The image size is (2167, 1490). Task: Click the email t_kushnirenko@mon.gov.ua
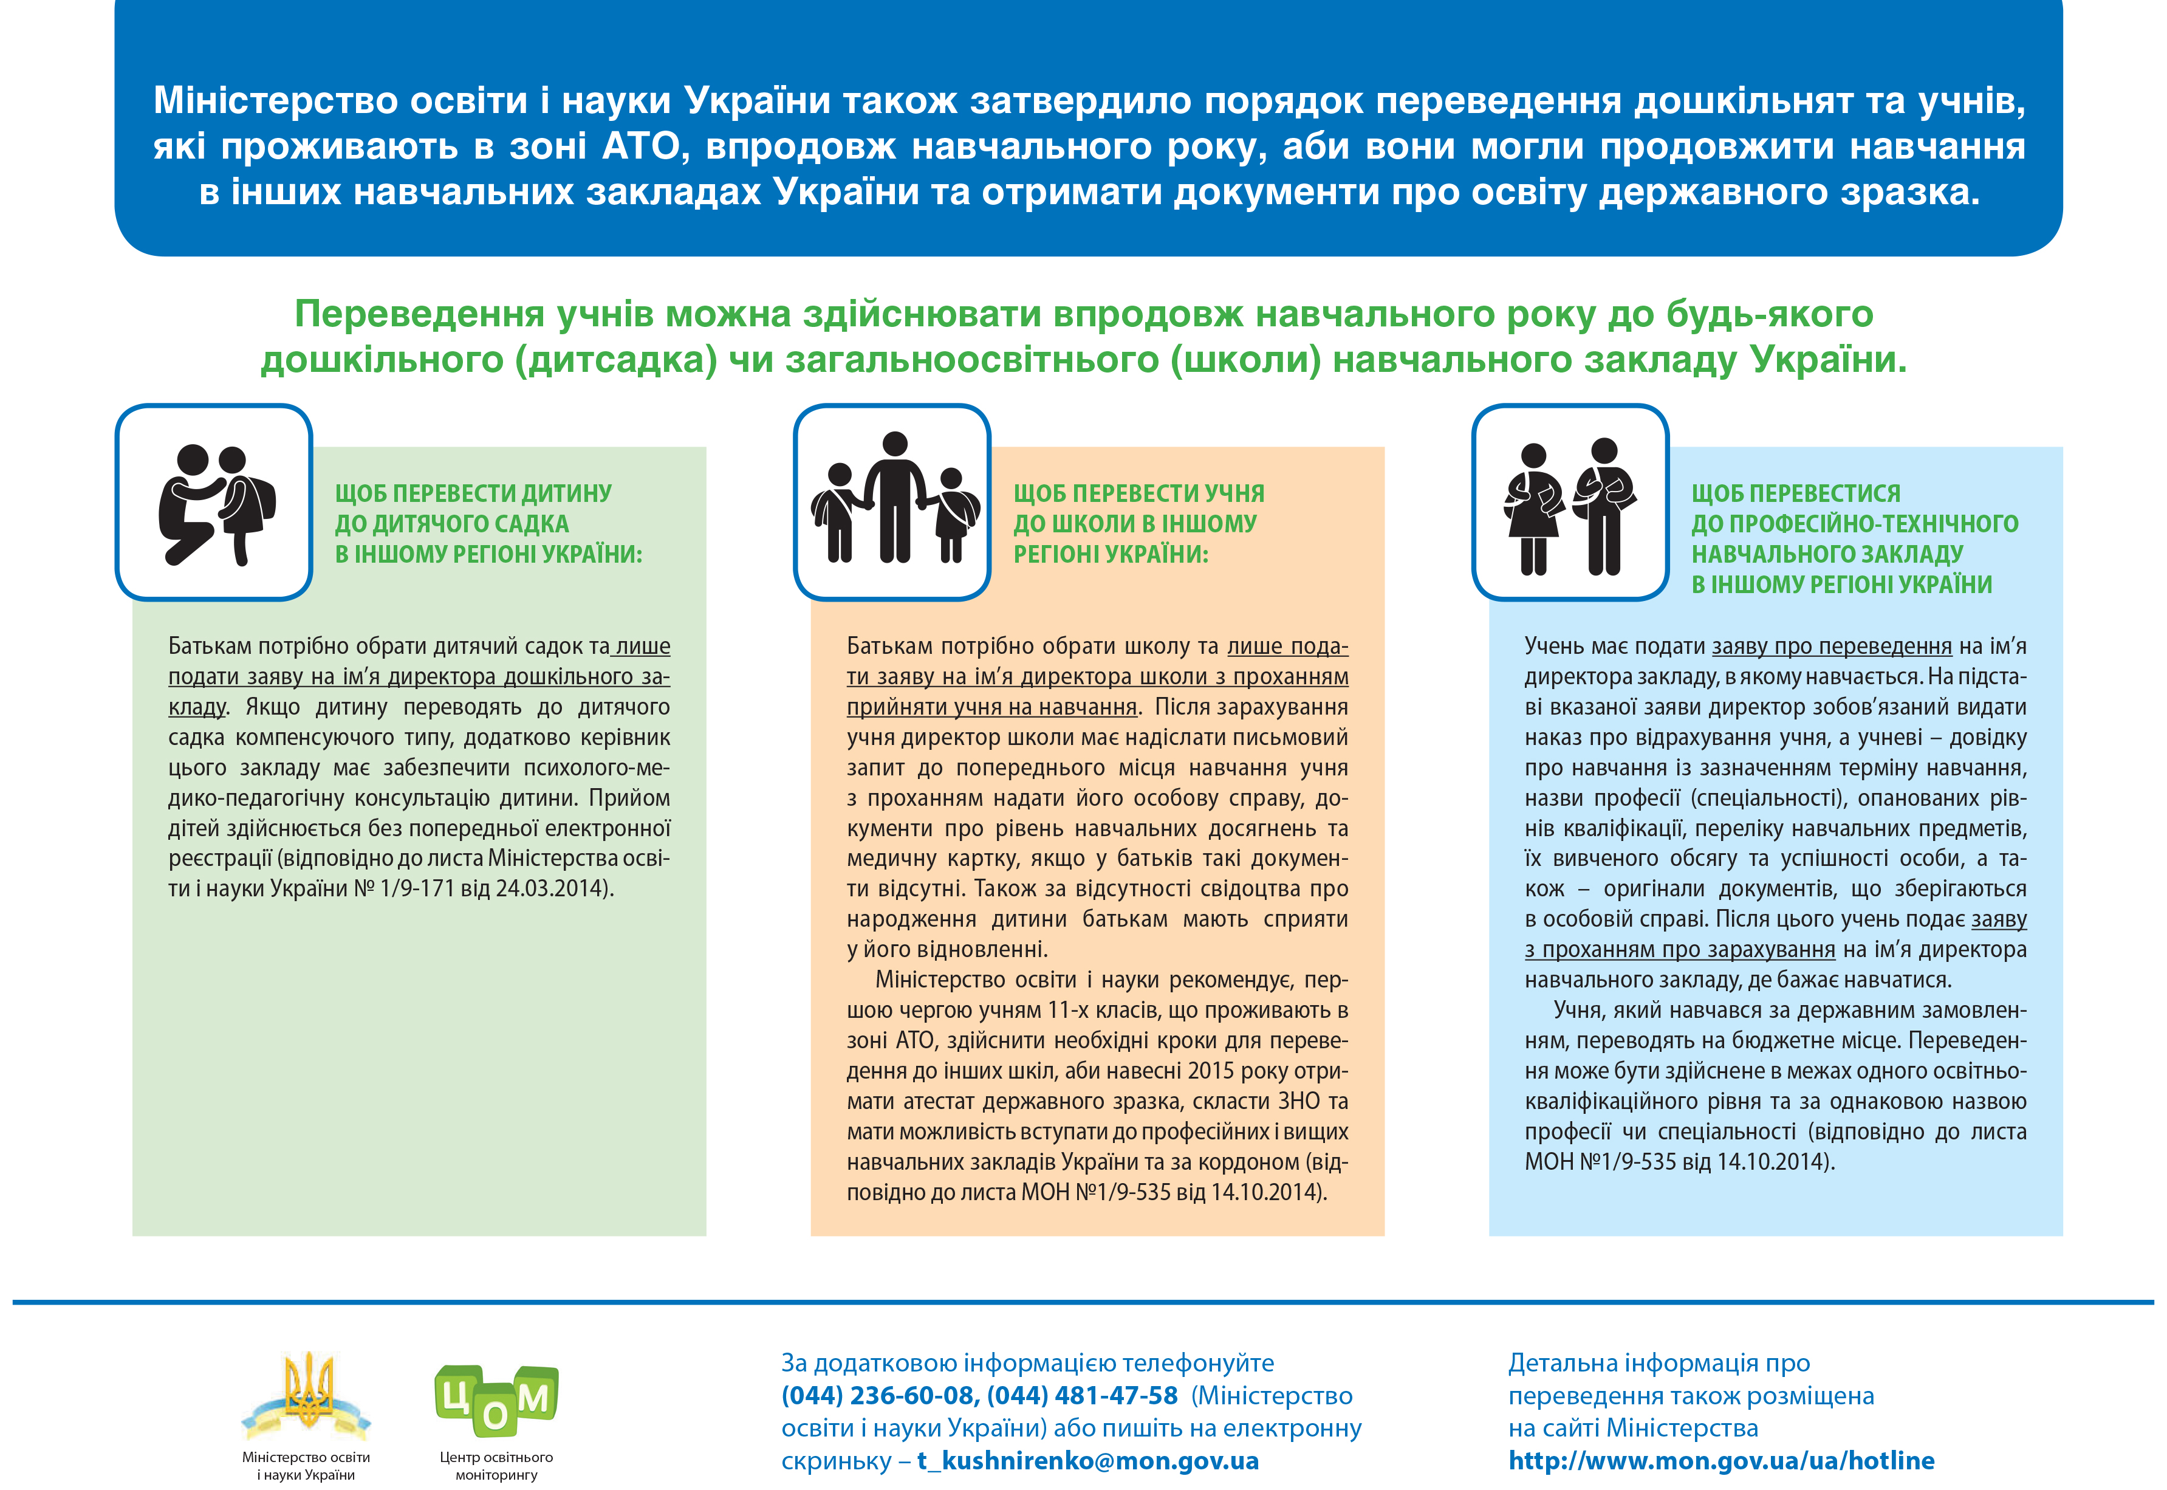[x=1087, y=1461]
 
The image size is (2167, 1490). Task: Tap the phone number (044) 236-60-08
[x=877, y=1396]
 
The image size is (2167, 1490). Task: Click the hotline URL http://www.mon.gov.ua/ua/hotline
[x=1721, y=1461]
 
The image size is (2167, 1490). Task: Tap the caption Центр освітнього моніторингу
[x=496, y=1466]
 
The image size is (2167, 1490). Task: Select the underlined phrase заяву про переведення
[x=1831, y=646]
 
